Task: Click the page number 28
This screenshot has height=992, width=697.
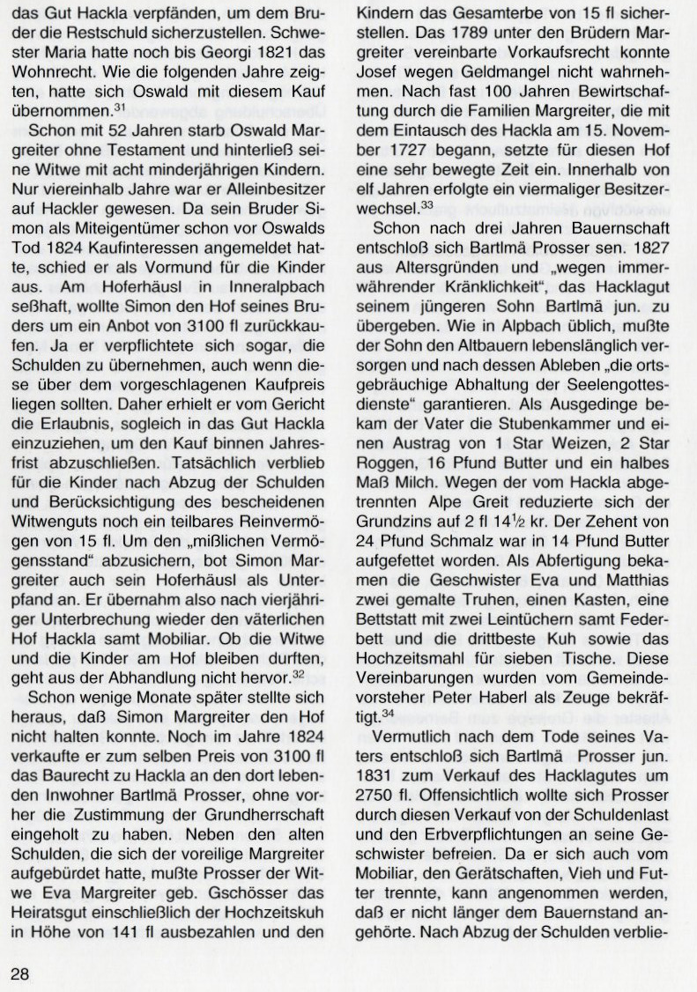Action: coord(20,973)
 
